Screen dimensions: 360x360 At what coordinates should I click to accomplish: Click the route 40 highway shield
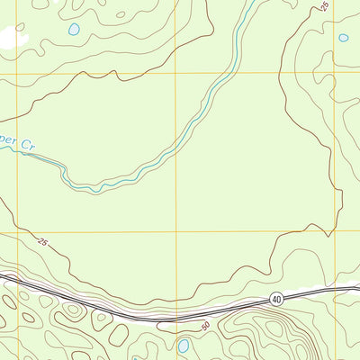pyautogui.click(x=275, y=299)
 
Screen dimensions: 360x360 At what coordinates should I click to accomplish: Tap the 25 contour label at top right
pyautogui.click(x=324, y=8)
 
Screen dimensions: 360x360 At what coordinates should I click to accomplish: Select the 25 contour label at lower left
pyautogui.click(x=42, y=241)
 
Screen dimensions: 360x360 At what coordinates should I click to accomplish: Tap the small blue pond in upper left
pyautogui.click(x=73, y=30)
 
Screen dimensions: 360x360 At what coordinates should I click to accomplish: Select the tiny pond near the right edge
pyautogui.click(x=343, y=39)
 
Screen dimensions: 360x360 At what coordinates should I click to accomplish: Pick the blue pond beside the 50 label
pyautogui.click(x=184, y=346)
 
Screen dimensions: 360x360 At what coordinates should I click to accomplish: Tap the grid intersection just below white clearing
pyautogui.click(x=16, y=73)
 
